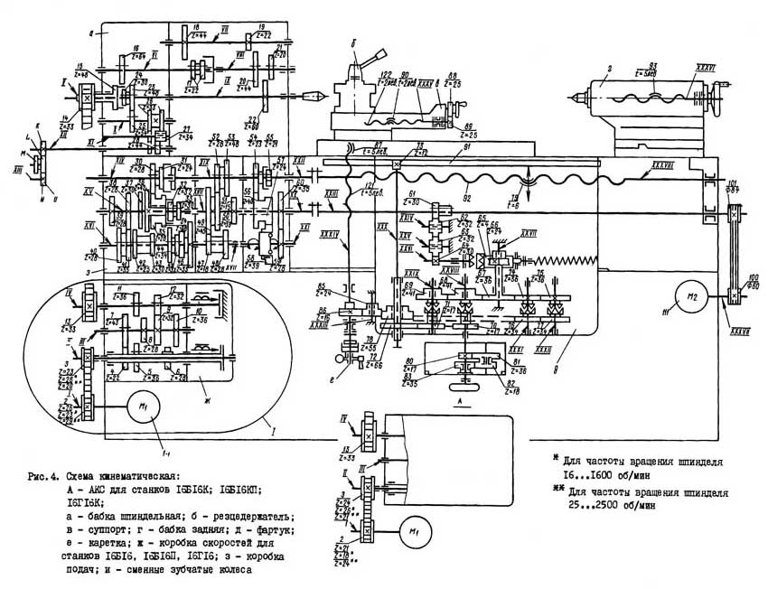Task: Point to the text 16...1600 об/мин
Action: click(602, 473)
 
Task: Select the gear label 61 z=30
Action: click(413, 196)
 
